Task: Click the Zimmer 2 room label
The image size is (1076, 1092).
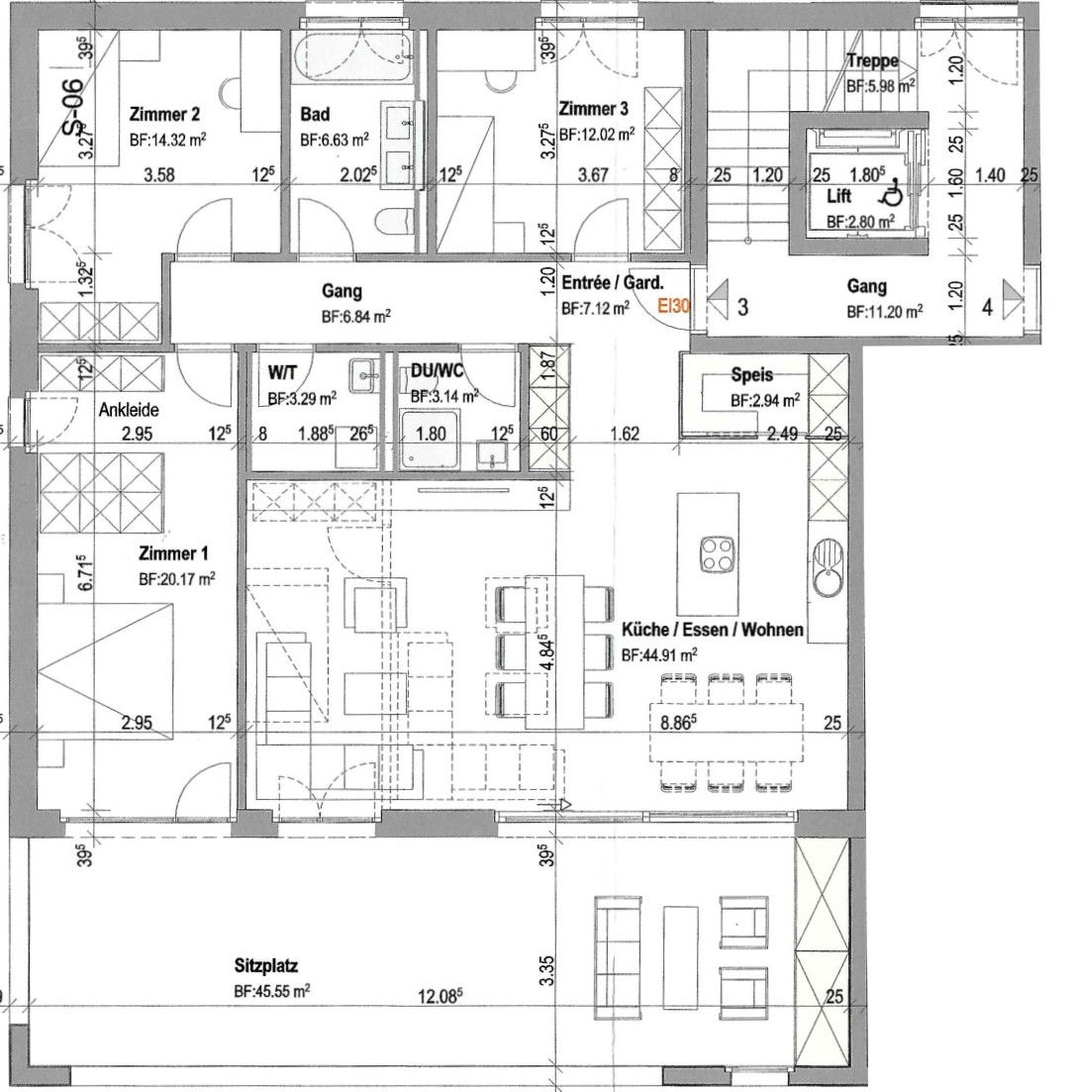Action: (x=165, y=114)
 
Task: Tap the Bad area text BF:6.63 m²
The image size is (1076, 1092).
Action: (x=335, y=140)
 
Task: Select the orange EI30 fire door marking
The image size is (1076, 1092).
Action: (x=673, y=305)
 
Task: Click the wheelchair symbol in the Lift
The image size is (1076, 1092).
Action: (x=892, y=192)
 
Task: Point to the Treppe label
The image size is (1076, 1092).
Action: (x=873, y=61)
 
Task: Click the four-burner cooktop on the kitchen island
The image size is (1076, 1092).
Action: (x=717, y=554)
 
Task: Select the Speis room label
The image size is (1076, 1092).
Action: (x=752, y=374)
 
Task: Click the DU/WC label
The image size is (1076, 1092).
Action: (x=437, y=371)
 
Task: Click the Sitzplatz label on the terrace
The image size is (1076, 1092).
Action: (x=266, y=966)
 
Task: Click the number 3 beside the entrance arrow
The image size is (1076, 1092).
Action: (x=743, y=307)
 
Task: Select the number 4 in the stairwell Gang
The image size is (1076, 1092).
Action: (x=987, y=307)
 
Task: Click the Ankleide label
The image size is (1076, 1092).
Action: (x=129, y=410)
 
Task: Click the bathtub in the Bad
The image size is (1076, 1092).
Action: (x=351, y=58)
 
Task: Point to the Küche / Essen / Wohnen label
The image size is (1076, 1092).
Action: (x=713, y=630)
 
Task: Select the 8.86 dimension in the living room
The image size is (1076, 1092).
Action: (x=678, y=722)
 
